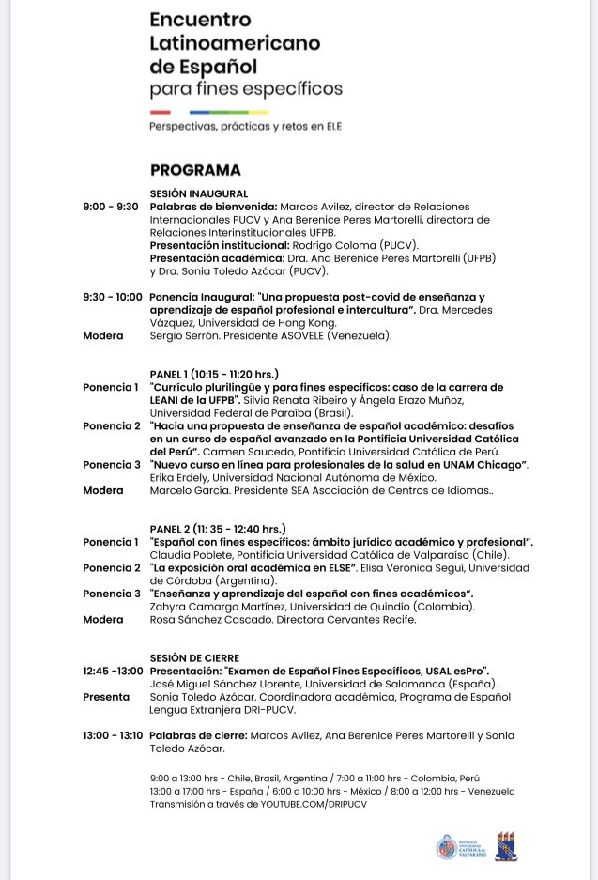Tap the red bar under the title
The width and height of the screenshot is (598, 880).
click(160, 112)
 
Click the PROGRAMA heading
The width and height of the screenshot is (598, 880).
click(195, 170)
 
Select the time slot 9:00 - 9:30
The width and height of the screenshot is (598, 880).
click(111, 206)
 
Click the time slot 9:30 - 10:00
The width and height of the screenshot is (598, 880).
click(113, 297)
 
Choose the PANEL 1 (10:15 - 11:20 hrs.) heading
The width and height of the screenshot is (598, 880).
click(214, 373)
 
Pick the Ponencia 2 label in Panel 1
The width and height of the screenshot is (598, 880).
click(111, 425)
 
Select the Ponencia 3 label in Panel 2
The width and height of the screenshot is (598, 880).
click(111, 594)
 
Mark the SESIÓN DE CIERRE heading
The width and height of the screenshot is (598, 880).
click(194, 657)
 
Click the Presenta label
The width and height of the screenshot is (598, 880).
click(106, 697)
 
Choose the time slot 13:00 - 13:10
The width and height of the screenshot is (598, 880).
click(114, 736)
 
